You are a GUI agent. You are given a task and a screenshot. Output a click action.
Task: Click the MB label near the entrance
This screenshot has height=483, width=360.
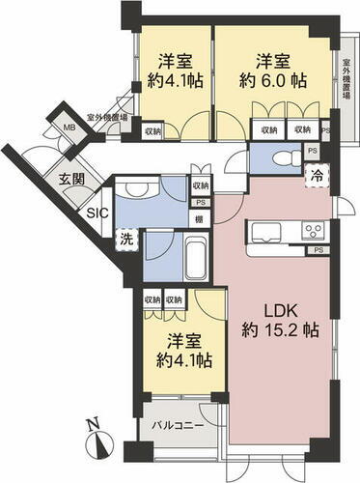(x=69, y=127)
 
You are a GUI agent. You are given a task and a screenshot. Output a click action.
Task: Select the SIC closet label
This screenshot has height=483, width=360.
(x=97, y=213)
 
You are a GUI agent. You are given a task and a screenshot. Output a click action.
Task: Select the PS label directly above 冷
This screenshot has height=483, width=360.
(x=312, y=150)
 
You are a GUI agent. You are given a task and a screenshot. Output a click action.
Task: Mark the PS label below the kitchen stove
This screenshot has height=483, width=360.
(x=318, y=251)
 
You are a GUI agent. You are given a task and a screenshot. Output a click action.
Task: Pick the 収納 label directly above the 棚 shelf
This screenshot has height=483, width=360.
(x=200, y=185)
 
